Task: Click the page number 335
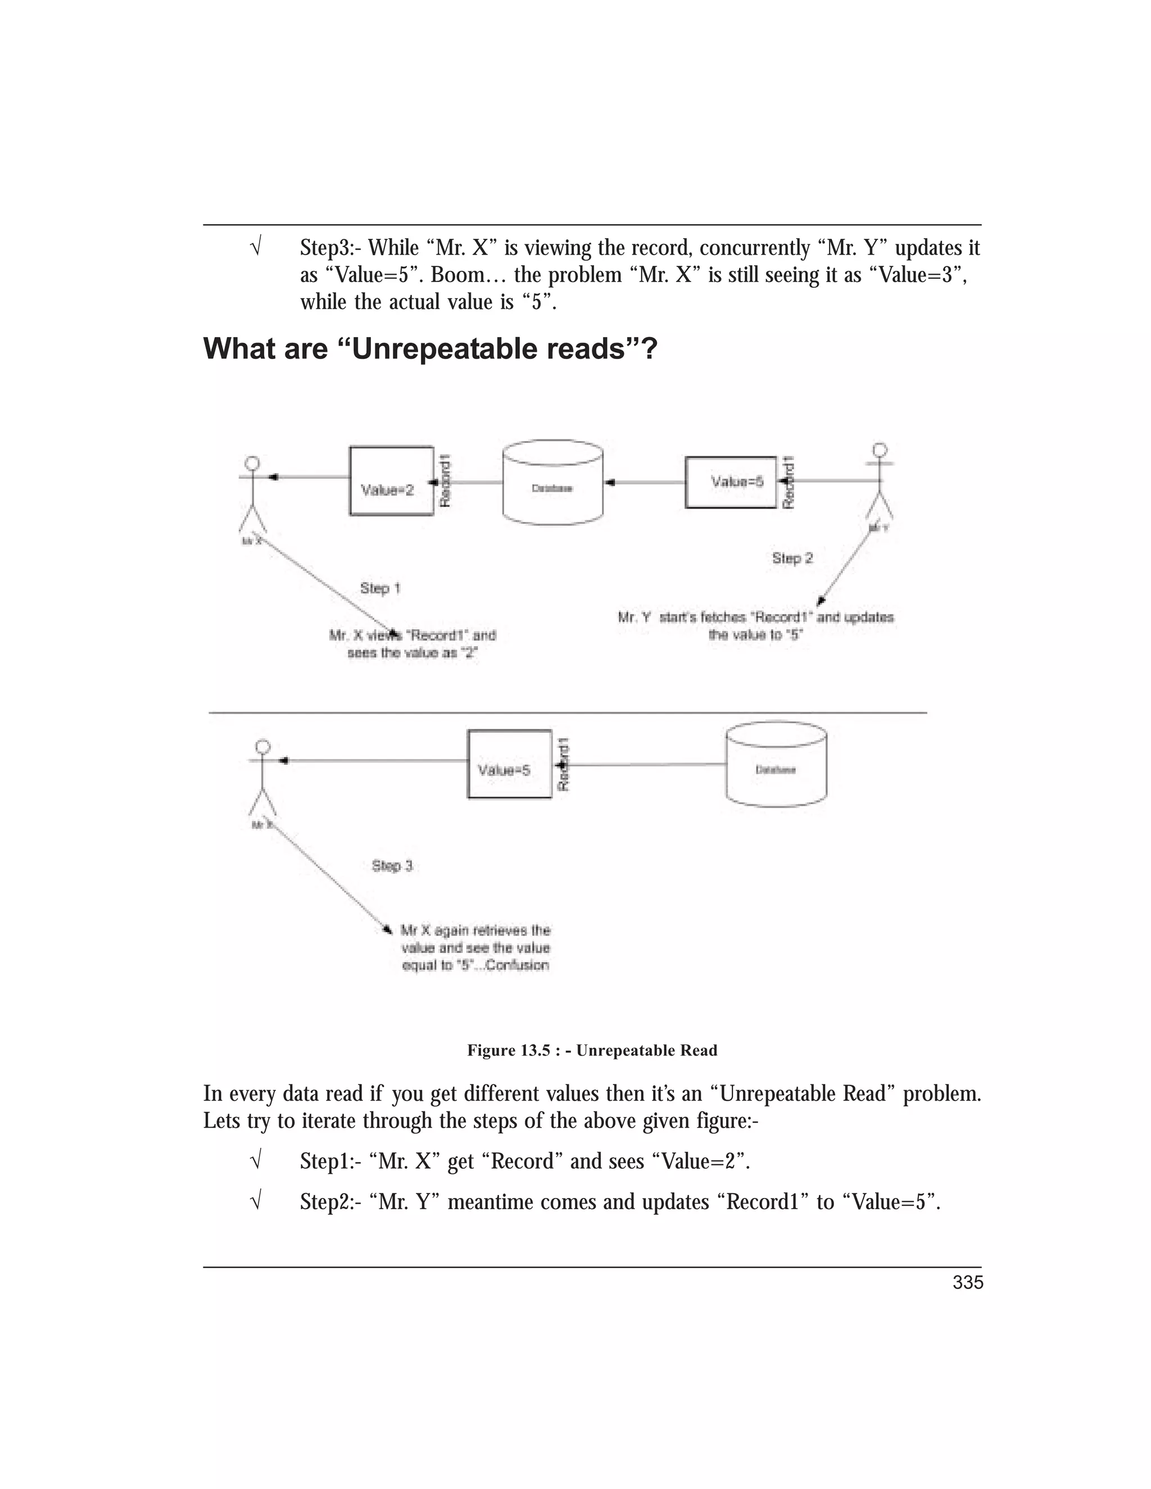[x=968, y=1282]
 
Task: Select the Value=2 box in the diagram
[x=391, y=480]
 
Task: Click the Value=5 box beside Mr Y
[x=730, y=482]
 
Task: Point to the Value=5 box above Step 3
[x=509, y=764]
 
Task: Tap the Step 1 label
[x=380, y=588]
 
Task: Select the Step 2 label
[x=792, y=559]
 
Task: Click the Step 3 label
[x=392, y=866]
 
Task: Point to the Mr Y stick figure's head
[x=880, y=450]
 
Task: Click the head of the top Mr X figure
[x=252, y=463]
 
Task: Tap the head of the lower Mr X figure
[x=262, y=747]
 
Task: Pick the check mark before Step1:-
[x=256, y=1161]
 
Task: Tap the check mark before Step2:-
[x=256, y=1201]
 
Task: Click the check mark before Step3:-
[x=256, y=247]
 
